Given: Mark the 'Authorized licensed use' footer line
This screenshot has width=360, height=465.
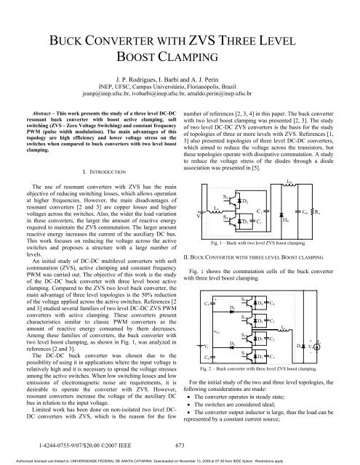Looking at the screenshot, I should pos(180,460).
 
